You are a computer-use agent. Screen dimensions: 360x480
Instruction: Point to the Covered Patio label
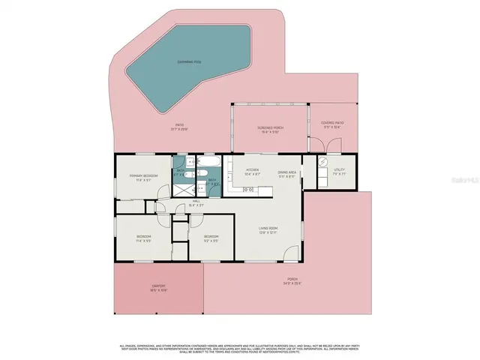[x=331, y=124]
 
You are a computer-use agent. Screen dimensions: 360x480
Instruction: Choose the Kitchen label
[x=253, y=172]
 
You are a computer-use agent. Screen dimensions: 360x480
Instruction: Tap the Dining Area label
[x=288, y=172]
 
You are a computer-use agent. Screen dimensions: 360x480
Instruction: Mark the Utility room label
[x=340, y=173]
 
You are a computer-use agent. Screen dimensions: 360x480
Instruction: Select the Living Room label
[x=268, y=229]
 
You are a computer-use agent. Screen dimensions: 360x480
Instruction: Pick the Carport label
[x=157, y=288]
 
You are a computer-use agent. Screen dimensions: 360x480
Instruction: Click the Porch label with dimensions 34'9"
[x=286, y=282]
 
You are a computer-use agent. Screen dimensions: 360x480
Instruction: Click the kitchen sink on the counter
[x=250, y=190]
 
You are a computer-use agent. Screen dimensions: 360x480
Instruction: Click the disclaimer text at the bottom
[x=240, y=347]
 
